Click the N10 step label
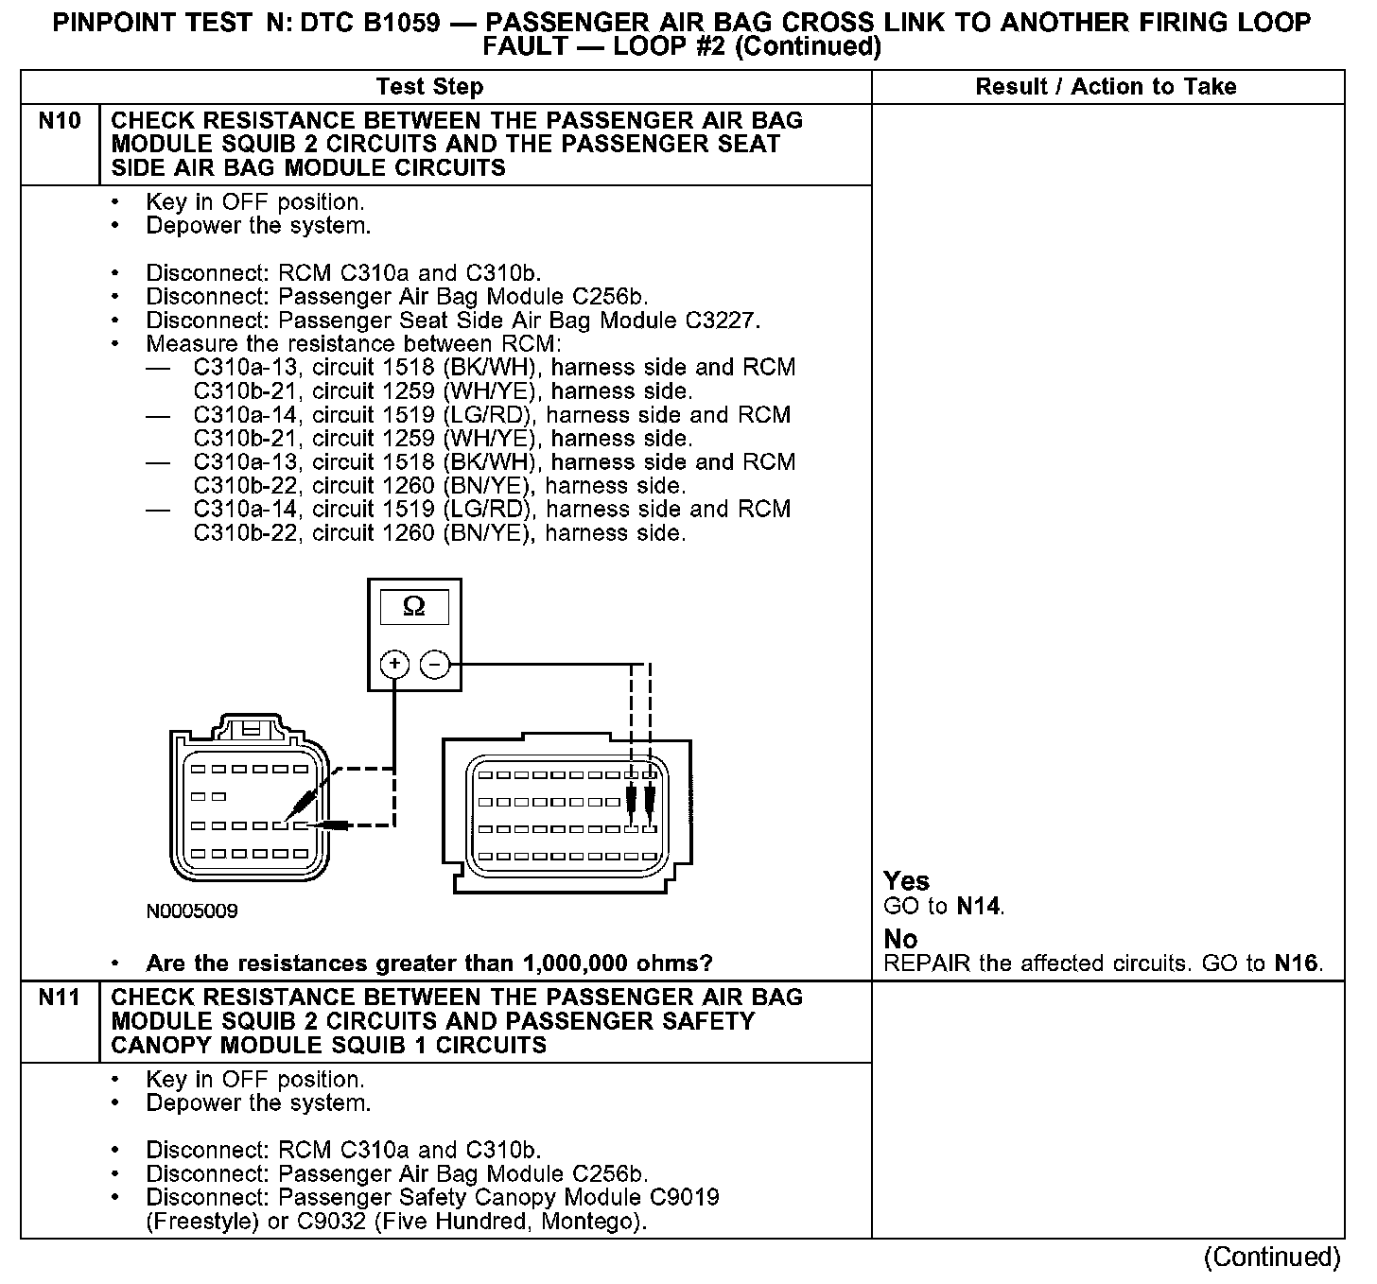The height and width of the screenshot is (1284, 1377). pos(59,121)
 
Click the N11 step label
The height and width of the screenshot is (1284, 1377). pos(59,998)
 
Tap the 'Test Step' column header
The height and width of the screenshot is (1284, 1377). pos(429,87)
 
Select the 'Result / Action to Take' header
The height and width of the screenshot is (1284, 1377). pos(1106,87)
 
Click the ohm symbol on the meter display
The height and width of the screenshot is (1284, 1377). pos(414,606)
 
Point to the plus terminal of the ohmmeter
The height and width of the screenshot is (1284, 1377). pos(394,665)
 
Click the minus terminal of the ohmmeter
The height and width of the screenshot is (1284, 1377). pos(434,665)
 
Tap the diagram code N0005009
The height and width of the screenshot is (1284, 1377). pos(192,911)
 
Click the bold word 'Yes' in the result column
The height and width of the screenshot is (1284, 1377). pos(906,881)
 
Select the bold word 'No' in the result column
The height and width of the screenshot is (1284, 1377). pos(900,939)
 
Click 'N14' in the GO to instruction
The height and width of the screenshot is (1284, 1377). pos(978,907)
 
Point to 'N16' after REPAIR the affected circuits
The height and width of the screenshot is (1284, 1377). pos(1295,963)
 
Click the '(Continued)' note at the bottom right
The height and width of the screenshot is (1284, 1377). pos(1272,1257)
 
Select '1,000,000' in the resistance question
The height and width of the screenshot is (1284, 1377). pos(581,963)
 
